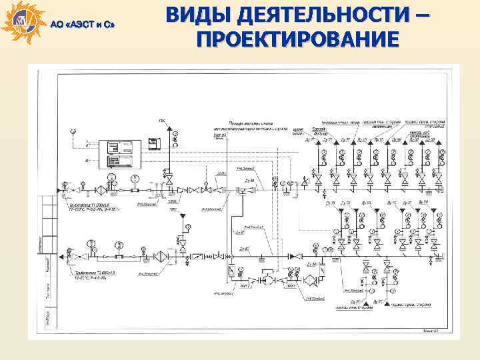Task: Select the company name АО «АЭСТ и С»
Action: click(83, 25)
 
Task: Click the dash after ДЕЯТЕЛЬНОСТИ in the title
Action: click(418, 15)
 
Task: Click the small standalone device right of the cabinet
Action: click(154, 141)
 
